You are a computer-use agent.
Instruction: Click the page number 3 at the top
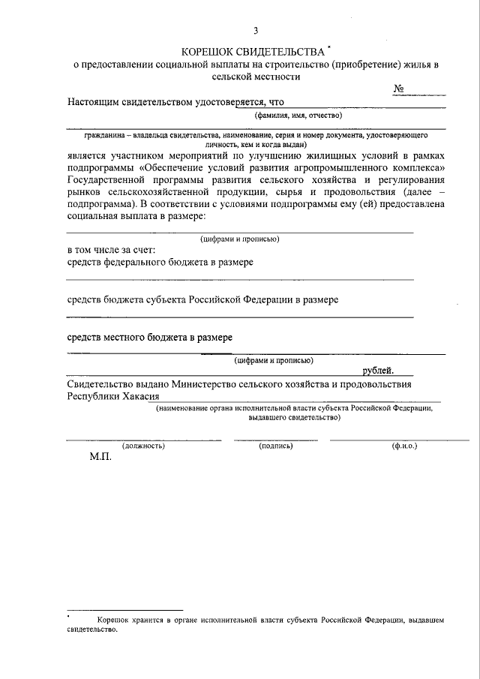[256, 31]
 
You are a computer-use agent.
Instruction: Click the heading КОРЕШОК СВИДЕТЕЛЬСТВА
[250, 51]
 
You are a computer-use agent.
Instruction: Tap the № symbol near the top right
[399, 89]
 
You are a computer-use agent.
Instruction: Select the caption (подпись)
[275, 446]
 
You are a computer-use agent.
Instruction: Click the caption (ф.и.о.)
[404, 446]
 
